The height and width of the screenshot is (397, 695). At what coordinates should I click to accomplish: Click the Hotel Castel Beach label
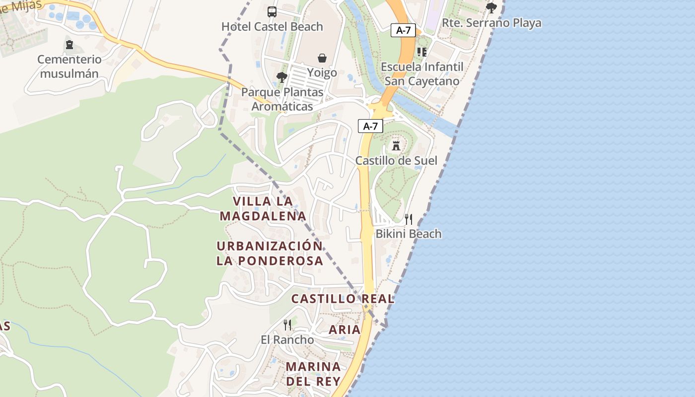tap(272, 27)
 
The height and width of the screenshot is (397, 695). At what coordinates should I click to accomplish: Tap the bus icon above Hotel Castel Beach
tap(272, 11)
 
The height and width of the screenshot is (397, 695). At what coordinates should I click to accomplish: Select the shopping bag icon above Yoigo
tap(322, 58)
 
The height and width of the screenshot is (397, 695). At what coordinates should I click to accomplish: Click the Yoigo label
tap(322, 73)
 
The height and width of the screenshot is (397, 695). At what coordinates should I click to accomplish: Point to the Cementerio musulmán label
tap(69, 66)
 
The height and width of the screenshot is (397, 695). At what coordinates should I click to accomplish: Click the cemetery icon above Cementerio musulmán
tap(69, 45)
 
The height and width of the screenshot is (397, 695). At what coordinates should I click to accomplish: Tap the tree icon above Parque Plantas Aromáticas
tap(282, 77)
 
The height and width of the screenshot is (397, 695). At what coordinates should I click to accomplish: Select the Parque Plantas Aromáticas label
tap(282, 99)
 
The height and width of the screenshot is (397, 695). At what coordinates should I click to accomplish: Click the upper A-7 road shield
tap(403, 30)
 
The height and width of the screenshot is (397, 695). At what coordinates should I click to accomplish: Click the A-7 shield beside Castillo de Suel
tap(370, 126)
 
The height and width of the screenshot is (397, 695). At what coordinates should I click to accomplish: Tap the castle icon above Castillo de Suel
tap(396, 145)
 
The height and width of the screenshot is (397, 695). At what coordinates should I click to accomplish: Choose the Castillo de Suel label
tap(396, 161)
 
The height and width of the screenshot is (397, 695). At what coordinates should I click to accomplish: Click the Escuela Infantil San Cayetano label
tap(422, 74)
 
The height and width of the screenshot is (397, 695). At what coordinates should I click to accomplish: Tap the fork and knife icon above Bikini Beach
tap(409, 219)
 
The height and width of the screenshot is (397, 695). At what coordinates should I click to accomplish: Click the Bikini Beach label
tap(409, 234)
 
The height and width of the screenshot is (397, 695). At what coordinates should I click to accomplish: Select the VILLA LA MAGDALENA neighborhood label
tap(263, 208)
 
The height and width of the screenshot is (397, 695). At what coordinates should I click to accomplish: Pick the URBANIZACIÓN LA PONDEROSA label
tap(270, 253)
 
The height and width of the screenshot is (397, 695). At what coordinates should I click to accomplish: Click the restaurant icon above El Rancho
tap(287, 325)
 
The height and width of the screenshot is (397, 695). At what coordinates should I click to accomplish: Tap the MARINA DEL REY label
tap(313, 374)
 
